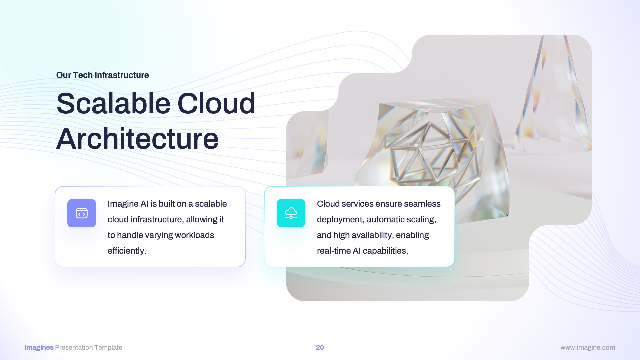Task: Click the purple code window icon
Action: click(x=82, y=213)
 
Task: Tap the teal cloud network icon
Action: click(x=291, y=213)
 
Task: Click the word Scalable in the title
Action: click(x=113, y=103)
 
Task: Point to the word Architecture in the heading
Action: click(x=137, y=139)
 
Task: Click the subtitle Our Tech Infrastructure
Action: click(x=102, y=75)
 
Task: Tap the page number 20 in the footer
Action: click(x=320, y=347)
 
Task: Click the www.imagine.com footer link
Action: click(x=588, y=347)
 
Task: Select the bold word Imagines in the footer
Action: click(x=39, y=347)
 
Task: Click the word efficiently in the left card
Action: click(x=127, y=251)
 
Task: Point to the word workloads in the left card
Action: click(x=194, y=235)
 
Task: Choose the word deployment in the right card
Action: click(x=340, y=219)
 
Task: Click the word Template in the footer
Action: click(x=108, y=347)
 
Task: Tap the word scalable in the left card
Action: click(x=211, y=204)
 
